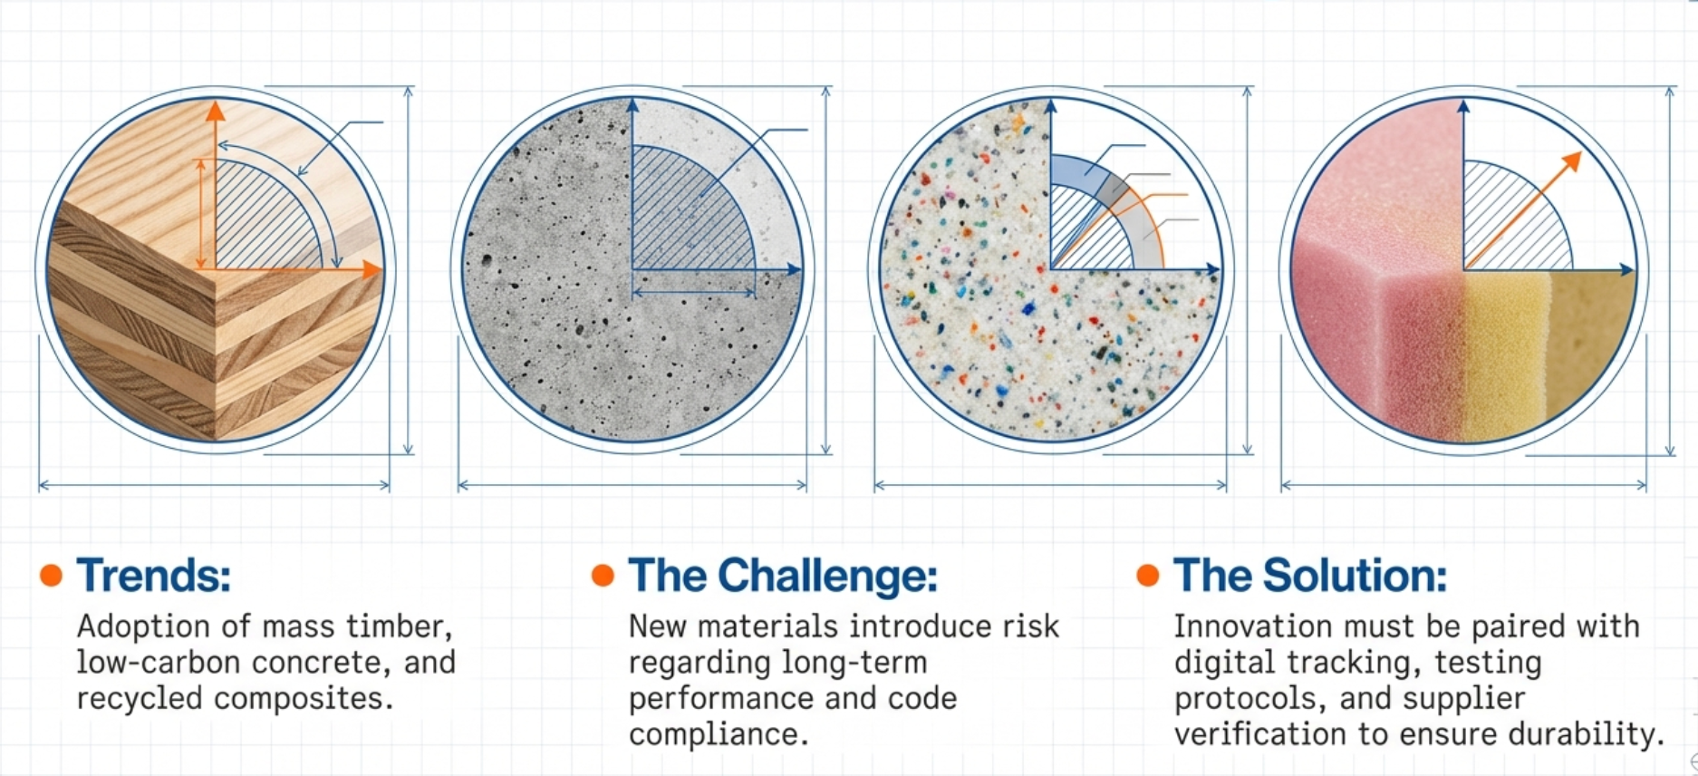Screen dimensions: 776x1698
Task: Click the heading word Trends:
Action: [x=153, y=575]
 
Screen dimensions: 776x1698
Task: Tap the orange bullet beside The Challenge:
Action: [x=603, y=575]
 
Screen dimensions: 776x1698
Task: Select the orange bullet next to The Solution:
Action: [x=1148, y=575]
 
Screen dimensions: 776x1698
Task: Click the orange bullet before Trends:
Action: [x=52, y=575]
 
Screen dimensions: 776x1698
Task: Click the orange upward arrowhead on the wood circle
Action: [x=215, y=112]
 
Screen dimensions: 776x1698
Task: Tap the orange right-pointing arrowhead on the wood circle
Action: [x=371, y=269]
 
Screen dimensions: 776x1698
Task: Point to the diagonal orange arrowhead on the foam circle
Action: [x=1572, y=162]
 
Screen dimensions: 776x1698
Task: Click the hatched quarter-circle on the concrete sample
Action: [x=684, y=218]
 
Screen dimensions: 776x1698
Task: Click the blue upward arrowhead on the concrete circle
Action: [x=632, y=108]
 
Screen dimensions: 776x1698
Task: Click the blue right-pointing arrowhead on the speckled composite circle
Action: [x=1212, y=269]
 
